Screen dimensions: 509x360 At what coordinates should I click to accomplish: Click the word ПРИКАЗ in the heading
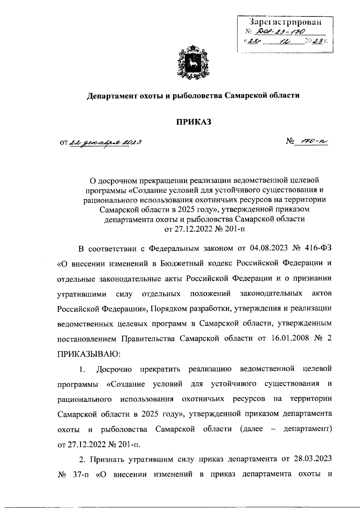[x=193, y=122]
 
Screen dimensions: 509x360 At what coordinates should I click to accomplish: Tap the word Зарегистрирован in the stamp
[x=285, y=22]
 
